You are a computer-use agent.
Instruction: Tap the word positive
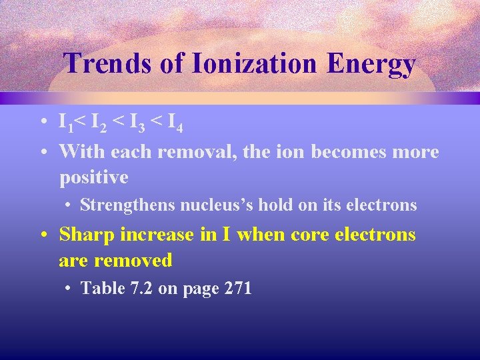coord(93,178)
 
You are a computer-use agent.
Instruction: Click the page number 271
coord(238,288)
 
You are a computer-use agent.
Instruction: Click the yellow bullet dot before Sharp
coord(42,235)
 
